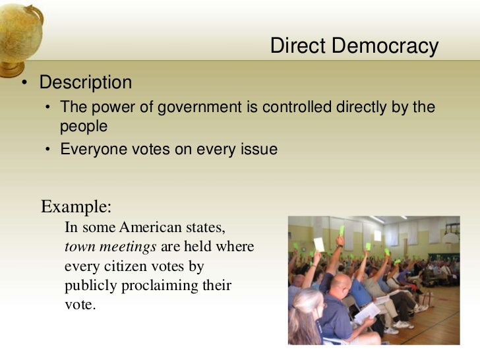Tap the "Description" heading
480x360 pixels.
[86, 83]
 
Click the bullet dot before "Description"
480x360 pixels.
[24, 83]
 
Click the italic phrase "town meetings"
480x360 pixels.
[110, 247]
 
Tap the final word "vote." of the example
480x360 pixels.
[80, 305]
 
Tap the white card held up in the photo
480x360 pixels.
[320, 244]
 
